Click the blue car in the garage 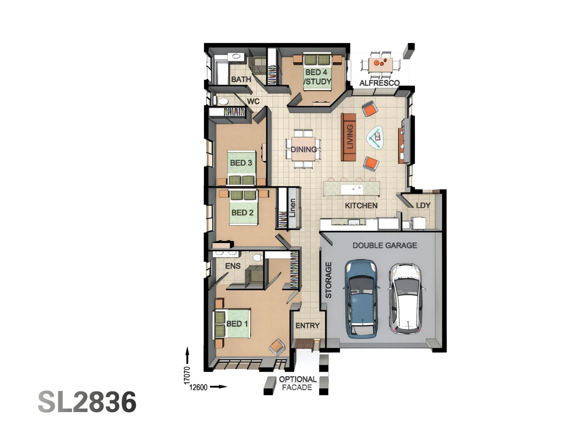pos(361,299)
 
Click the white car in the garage pos(406,298)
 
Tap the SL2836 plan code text pos(87,402)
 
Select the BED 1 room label pos(237,324)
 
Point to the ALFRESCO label pos(379,83)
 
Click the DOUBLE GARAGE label pos(384,245)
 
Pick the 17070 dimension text pos(187,375)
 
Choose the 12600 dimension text pos(198,387)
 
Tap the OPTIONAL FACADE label pos(297,383)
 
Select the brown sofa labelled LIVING pos(348,137)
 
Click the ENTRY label pos(307,326)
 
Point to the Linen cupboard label pos(292,208)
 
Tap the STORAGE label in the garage pos(328,280)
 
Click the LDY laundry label pos(423,205)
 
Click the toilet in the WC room pos(222,101)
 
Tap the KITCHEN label pos(361,206)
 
